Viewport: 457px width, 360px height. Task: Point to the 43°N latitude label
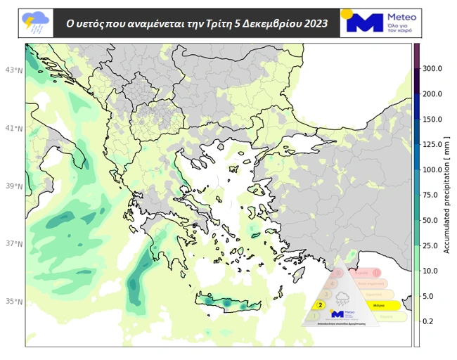coord(14,70)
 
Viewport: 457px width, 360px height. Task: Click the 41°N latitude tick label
coord(14,129)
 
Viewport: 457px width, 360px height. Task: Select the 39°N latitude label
coord(14,186)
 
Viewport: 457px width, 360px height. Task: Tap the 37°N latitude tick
coord(14,244)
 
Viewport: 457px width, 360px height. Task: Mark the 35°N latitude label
coord(14,302)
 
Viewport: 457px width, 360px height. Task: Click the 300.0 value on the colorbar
coord(432,68)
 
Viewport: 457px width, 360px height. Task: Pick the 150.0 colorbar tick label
coord(432,119)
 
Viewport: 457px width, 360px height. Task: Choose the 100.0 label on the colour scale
coord(432,169)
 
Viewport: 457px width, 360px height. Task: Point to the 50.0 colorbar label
coord(432,220)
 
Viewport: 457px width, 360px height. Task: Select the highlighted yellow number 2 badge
coord(321,305)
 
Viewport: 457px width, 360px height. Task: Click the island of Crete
coord(228,302)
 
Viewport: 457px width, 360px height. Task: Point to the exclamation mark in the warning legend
coord(376,272)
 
